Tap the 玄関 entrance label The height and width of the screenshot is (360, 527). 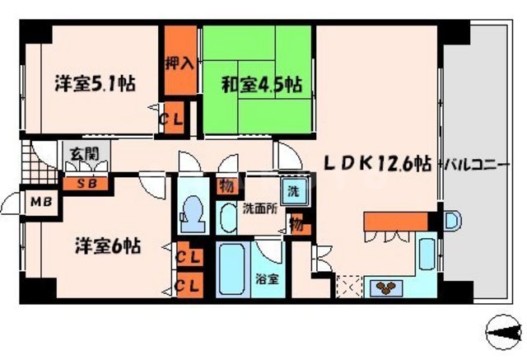(80, 153)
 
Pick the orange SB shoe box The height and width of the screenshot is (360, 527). (86, 184)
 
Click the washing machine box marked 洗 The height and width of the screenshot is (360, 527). (291, 192)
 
